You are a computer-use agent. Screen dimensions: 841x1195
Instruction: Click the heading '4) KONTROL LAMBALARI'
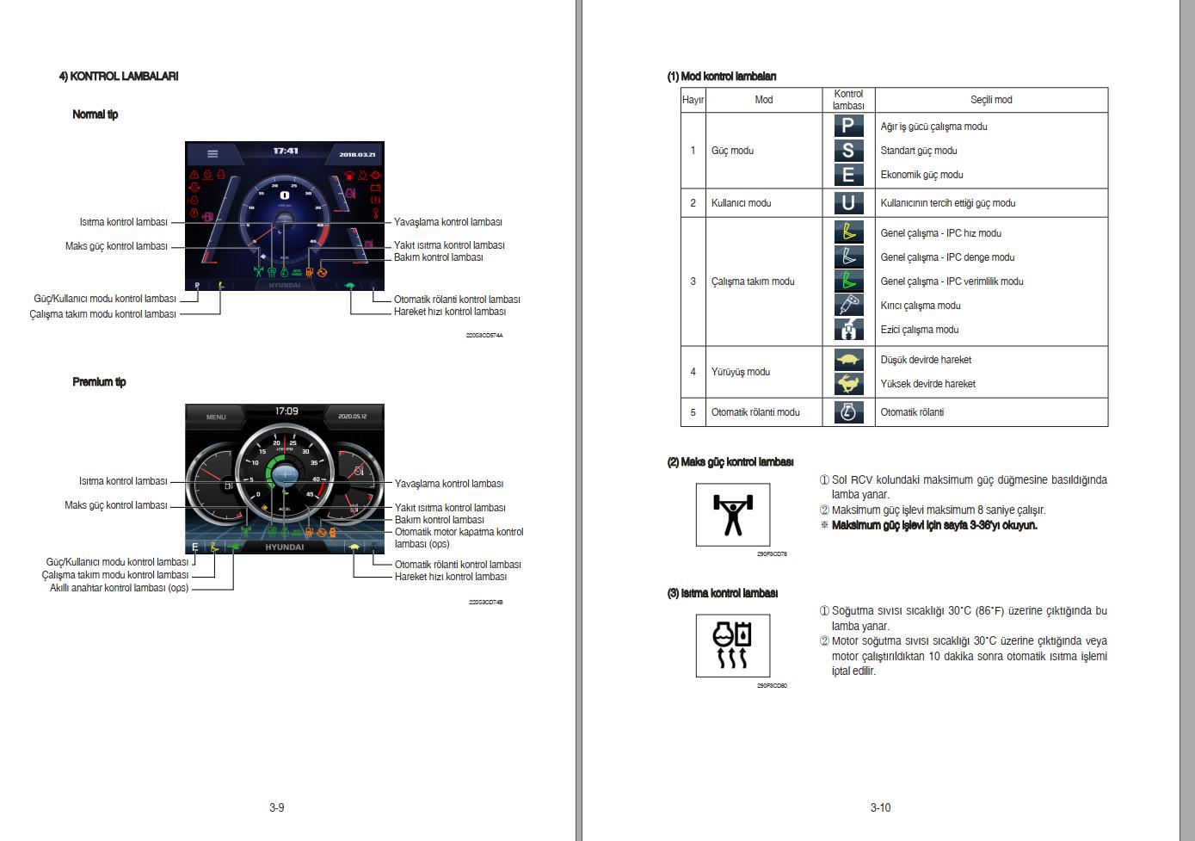point(119,76)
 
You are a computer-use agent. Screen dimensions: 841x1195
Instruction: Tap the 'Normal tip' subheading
point(95,114)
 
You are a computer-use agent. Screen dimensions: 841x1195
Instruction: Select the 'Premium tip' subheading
point(99,382)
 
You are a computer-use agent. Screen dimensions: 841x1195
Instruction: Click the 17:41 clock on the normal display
point(286,152)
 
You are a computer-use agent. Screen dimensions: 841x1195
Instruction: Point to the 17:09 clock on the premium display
point(286,411)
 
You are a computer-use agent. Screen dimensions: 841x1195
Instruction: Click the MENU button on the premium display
point(216,417)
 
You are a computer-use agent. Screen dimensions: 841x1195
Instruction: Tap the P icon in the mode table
point(848,126)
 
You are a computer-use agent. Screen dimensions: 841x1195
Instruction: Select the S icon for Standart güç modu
point(848,150)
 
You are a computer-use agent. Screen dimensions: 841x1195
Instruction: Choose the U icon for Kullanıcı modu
point(848,203)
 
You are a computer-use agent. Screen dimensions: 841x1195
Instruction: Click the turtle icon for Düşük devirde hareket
point(848,360)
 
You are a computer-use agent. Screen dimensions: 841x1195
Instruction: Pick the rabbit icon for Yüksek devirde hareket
point(848,384)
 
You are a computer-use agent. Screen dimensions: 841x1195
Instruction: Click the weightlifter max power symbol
point(733,515)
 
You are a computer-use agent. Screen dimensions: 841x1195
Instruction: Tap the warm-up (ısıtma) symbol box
point(733,646)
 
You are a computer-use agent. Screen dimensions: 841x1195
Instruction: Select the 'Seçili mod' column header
point(991,100)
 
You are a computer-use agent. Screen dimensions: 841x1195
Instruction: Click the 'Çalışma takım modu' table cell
point(753,281)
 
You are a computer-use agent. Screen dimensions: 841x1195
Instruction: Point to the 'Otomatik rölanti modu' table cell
point(755,412)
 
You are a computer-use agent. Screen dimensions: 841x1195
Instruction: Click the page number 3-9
point(276,807)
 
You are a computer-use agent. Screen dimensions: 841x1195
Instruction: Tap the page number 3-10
point(880,807)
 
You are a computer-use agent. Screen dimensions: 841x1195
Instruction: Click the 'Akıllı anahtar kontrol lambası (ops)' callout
point(119,588)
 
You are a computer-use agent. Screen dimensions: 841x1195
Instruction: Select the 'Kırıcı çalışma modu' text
point(920,306)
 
